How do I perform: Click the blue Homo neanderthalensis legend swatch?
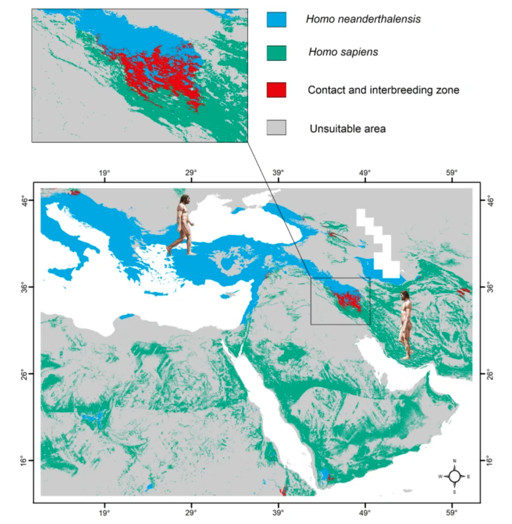click(276, 19)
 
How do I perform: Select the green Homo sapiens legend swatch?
click(276, 53)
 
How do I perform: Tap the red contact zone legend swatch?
click(276, 90)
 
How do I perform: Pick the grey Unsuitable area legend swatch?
click(276, 128)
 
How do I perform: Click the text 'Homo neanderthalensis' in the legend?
click(363, 19)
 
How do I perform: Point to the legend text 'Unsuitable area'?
click(347, 129)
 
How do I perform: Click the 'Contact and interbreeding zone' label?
click(383, 90)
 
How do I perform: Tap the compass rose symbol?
click(455, 476)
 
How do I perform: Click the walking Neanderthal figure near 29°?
click(183, 225)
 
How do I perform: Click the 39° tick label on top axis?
click(278, 173)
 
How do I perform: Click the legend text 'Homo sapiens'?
click(343, 52)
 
